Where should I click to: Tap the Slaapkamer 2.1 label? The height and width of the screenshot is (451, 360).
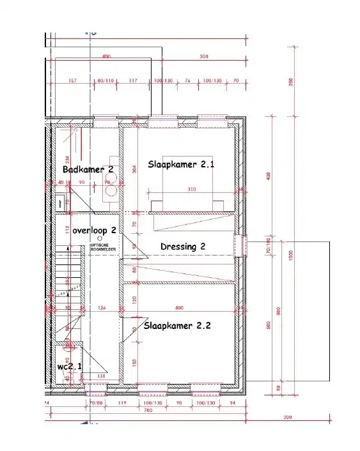tap(181, 164)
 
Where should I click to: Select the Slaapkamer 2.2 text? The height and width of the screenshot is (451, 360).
tap(177, 325)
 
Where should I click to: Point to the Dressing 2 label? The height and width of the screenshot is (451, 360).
tap(183, 246)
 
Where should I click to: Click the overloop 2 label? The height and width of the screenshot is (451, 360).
tap(94, 229)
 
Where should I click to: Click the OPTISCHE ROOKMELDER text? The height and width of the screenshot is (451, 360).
tap(102, 247)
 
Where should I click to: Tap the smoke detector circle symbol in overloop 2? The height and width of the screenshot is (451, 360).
tap(99, 238)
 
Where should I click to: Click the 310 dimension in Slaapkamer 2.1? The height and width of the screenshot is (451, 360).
tap(191, 190)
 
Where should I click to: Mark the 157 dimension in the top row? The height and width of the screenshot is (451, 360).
tap(72, 81)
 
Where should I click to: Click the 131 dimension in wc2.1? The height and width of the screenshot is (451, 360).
tap(100, 376)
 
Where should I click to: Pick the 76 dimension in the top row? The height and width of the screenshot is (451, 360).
tap(187, 81)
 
